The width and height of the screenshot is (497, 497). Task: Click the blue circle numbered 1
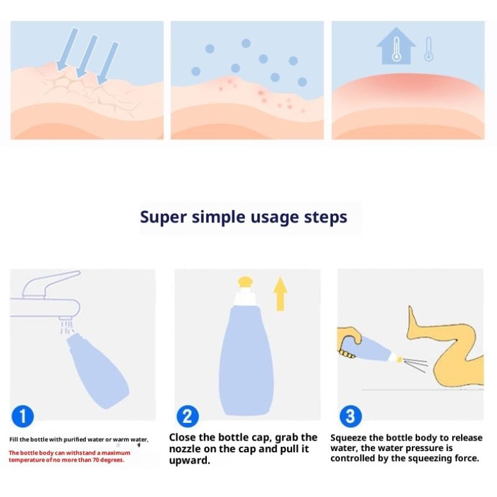[x=22, y=416]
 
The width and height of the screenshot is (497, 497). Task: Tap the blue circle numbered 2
[x=188, y=416]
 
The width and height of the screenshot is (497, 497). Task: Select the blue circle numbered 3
[x=350, y=416]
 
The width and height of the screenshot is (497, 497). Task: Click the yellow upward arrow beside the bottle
[x=280, y=294]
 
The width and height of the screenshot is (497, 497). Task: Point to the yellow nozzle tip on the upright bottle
[x=245, y=282]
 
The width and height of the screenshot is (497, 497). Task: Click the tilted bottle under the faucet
[x=98, y=370]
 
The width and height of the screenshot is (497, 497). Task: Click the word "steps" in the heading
[x=326, y=218]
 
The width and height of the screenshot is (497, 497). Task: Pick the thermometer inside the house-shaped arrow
[x=396, y=49]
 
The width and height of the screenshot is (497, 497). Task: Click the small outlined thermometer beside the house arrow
[x=429, y=49]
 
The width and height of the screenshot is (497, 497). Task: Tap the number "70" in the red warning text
[x=96, y=460]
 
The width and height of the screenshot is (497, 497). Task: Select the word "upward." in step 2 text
[x=189, y=460]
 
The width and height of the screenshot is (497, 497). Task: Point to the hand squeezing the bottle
[x=349, y=341]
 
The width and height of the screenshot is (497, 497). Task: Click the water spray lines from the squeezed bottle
[x=416, y=365]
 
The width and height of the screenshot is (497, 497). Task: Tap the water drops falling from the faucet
[x=67, y=327]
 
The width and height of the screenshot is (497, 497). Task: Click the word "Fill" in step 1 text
[x=14, y=439]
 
